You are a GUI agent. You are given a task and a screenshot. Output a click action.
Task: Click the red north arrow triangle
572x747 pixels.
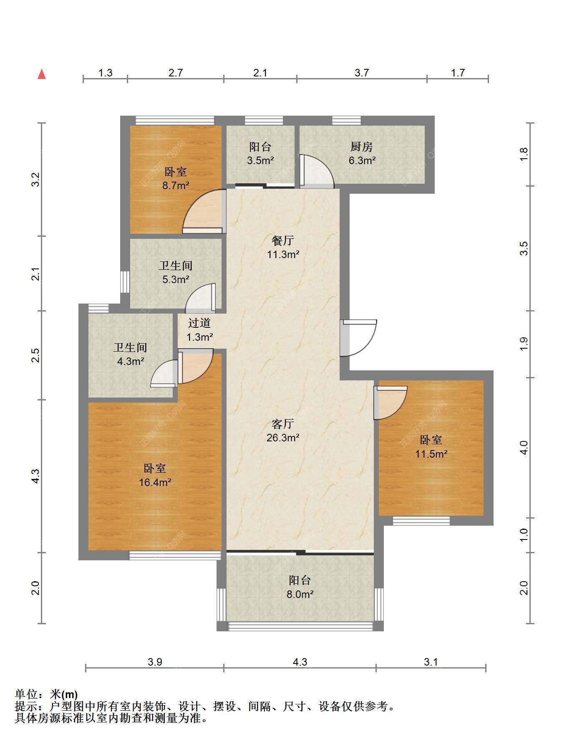click(x=42, y=74)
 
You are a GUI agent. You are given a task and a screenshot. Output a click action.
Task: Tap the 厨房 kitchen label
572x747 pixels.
click(x=361, y=147)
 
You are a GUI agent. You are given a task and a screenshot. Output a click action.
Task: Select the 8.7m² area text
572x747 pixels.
click(x=176, y=185)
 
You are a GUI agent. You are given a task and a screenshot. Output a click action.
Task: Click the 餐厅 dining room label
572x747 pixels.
click(x=283, y=241)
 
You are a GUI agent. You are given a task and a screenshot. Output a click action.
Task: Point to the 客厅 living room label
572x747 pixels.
click(x=283, y=424)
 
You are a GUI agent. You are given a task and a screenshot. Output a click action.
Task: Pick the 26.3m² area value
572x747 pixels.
click(x=283, y=438)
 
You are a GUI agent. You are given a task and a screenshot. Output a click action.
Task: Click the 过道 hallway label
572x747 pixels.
click(x=199, y=323)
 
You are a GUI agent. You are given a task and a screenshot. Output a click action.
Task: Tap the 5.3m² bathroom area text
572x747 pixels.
click(x=176, y=279)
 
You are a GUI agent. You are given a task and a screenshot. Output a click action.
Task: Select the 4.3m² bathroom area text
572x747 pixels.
click(x=131, y=361)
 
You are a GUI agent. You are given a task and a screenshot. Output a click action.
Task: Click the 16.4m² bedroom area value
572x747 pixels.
click(x=155, y=483)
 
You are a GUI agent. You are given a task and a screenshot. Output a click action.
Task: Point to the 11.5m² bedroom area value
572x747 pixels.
click(x=431, y=454)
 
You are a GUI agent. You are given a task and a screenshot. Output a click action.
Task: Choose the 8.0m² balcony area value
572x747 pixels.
click(x=300, y=594)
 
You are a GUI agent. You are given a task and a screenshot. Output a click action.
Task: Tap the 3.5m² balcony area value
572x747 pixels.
click(x=260, y=160)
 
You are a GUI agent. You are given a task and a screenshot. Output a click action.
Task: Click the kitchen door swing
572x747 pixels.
click(x=317, y=172)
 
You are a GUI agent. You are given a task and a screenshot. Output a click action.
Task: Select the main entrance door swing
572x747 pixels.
click(x=359, y=338)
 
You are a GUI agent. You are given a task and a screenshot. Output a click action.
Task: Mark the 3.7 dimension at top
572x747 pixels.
click(x=362, y=73)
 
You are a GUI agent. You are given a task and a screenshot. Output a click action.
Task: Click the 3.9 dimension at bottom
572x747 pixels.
click(x=155, y=662)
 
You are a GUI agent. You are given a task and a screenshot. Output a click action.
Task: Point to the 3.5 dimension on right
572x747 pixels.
click(x=524, y=248)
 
